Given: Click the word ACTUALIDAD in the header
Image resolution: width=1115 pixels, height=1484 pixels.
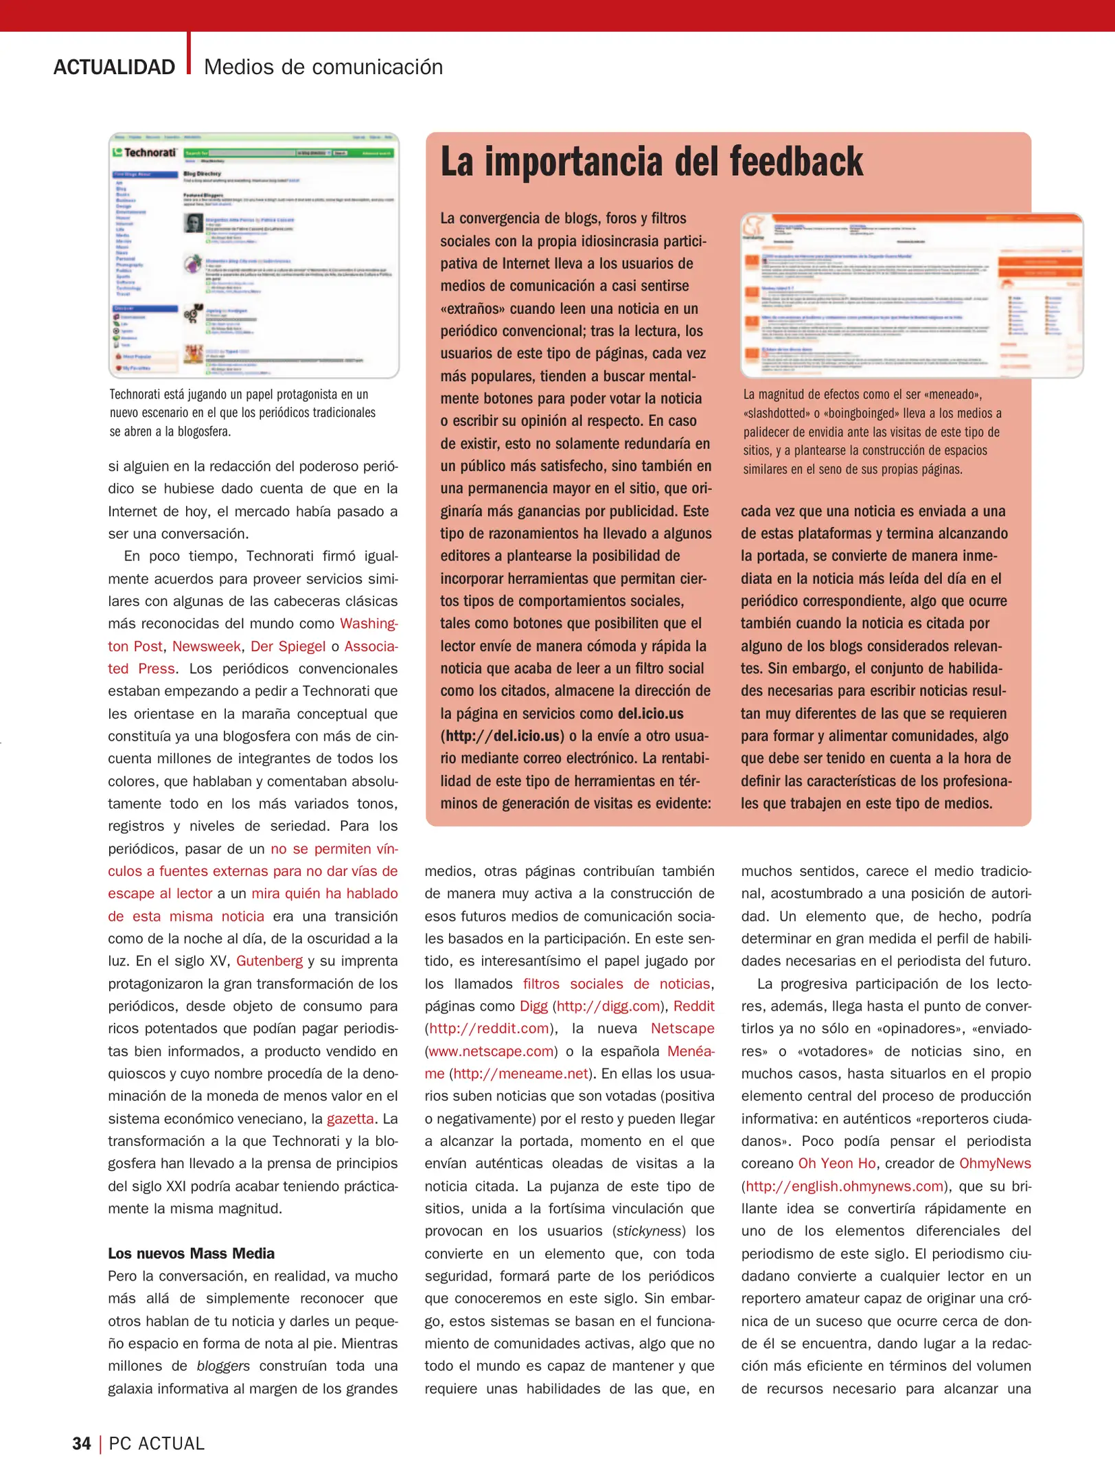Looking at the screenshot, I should pos(114,67).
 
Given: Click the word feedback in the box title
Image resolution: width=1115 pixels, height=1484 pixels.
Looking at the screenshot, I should pos(796,162).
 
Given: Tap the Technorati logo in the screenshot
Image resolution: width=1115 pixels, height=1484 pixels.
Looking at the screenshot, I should pos(146,153).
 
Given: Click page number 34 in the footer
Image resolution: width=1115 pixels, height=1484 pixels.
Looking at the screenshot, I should pos(81,1443).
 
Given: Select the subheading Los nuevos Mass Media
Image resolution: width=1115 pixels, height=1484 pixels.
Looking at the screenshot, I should pos(191,1253).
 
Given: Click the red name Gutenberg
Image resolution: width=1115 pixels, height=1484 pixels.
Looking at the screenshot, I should pos(269,960).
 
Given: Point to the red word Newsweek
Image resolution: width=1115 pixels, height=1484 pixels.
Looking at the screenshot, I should pos(206,647).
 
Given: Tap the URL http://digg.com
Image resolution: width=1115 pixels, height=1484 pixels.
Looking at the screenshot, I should pos(608,1006).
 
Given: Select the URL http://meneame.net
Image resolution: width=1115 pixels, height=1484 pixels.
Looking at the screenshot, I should pos(520,1074).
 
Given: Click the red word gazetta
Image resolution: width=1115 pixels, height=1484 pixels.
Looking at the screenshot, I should pos(350,1118).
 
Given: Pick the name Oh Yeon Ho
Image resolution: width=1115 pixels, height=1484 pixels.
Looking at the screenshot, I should pos(836,1163).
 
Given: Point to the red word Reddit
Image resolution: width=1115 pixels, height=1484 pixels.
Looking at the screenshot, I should pos(693,1006).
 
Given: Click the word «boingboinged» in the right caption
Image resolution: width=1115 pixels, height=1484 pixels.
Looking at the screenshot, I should pos(850,414).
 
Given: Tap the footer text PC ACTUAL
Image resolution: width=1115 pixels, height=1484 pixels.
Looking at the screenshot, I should pos(157,1443).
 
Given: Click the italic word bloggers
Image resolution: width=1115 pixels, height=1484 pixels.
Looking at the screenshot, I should pos(223,1366).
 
